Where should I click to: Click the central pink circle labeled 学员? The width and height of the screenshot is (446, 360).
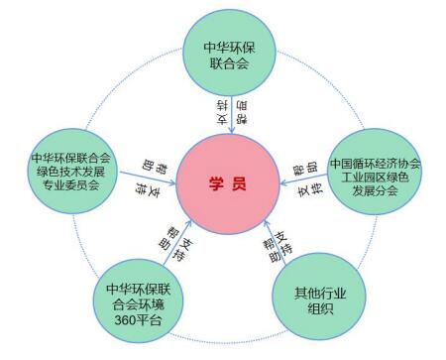pyautogui.click(x=227, y=184)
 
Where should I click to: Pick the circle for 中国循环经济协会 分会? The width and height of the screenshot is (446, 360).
pyautogui.click(x=375, y=177)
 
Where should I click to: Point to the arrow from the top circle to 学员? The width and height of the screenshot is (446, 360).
pyautogui.click(x=228, y=112)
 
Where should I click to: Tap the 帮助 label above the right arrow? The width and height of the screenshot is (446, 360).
pyautogui.click(x=306, y=163)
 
